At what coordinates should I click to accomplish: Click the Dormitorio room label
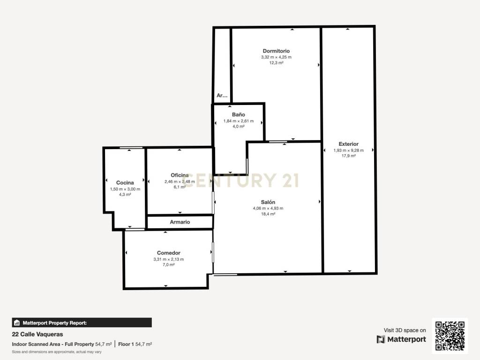(x=276, y=51)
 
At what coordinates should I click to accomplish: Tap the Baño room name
(x=239, y=114)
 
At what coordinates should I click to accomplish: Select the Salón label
(x=268, y=202)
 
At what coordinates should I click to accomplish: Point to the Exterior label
(x=348, y=144)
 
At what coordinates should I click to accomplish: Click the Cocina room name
(x=125, y=183)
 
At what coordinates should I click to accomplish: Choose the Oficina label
(x=180, y=175)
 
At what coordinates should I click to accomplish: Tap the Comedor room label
(x=169, y=253)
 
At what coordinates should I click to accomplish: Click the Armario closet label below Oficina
(x=180, y=222)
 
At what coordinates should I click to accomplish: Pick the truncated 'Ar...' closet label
(x=222, y=95)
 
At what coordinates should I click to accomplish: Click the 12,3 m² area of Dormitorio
(x=276, y=63)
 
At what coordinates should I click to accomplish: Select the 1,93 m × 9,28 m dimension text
(x=349, y=150)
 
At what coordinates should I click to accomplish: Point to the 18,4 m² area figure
(x=268, y=214)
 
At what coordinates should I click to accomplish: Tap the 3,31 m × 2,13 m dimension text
(x=169, y=259)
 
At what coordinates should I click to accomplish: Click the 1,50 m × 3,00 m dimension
(x=125, y=189)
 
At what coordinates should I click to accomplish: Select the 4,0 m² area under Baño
(x=239, y=126)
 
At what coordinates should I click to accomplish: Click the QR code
(x=450, y=336)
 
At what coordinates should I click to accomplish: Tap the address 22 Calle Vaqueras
(x=37, y=334)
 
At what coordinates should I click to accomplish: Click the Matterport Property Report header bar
(x=82, y=322)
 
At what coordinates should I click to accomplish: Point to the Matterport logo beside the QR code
(x=401, y=339)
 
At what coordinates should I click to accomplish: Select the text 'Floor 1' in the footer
(x=126, y=344)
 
